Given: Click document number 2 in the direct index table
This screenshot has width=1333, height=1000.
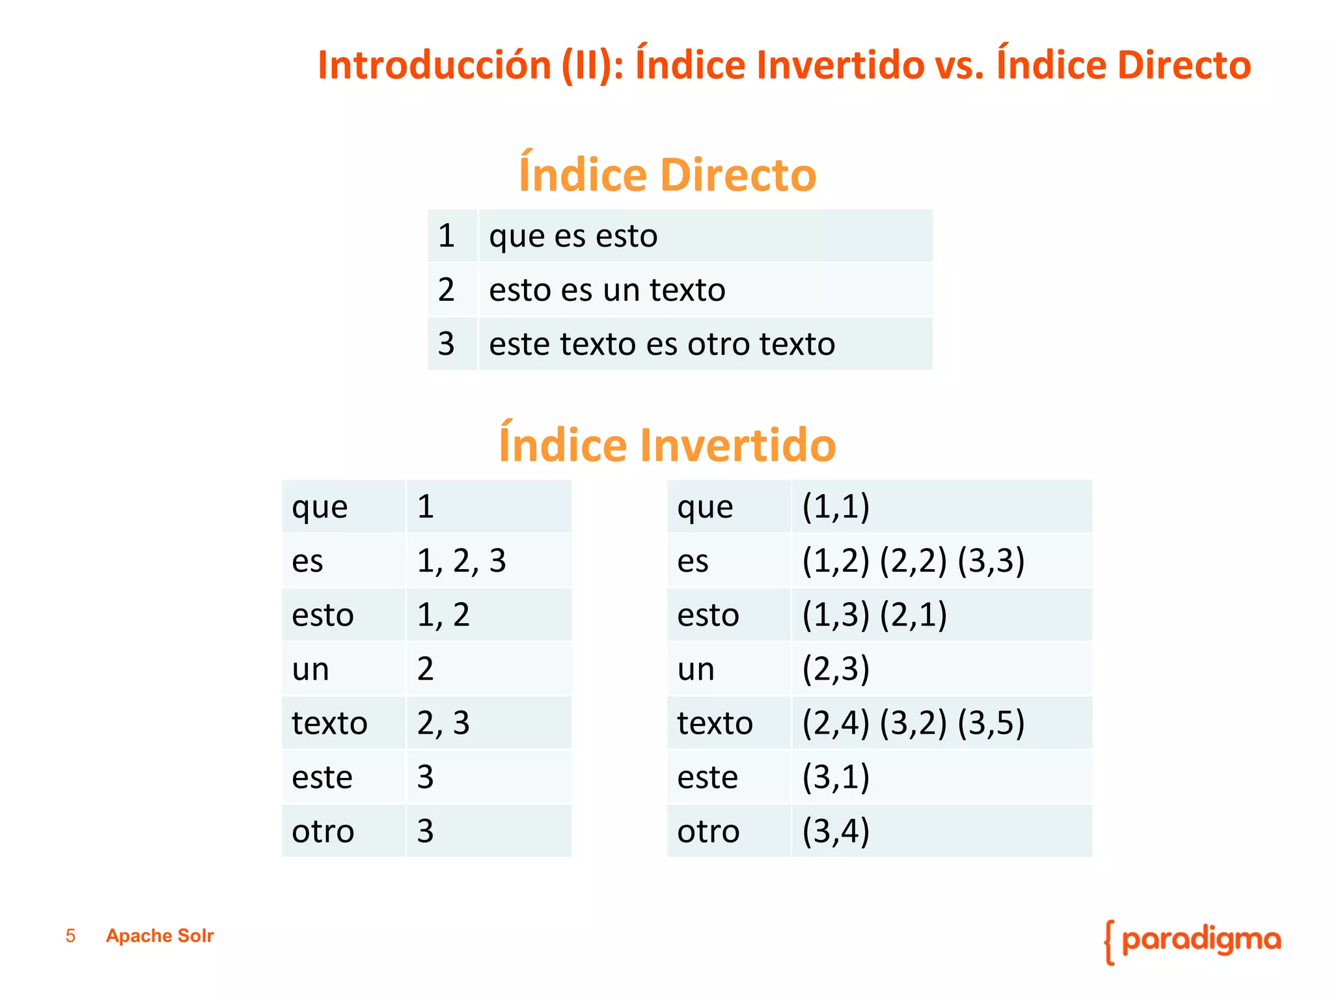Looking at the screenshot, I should (x=446, y=290).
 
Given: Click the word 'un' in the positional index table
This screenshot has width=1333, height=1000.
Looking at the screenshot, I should (x=695, y=669).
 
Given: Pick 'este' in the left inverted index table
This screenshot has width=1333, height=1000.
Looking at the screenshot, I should (x=322, y=777).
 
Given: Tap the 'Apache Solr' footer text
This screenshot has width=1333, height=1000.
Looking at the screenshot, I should (x=159, y=936).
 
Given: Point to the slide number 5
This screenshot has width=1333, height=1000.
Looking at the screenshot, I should (x=70, y=936).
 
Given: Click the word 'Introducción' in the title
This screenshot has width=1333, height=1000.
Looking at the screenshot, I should (x=434, y=65).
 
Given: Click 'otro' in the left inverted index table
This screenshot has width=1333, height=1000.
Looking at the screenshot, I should (x=323, y=831).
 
